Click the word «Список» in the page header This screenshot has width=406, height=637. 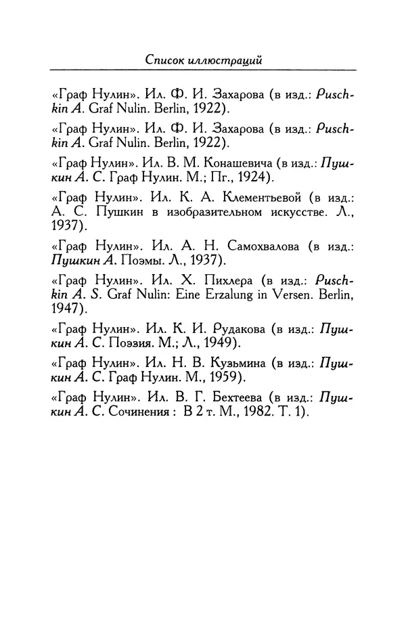tap(170, 60)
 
